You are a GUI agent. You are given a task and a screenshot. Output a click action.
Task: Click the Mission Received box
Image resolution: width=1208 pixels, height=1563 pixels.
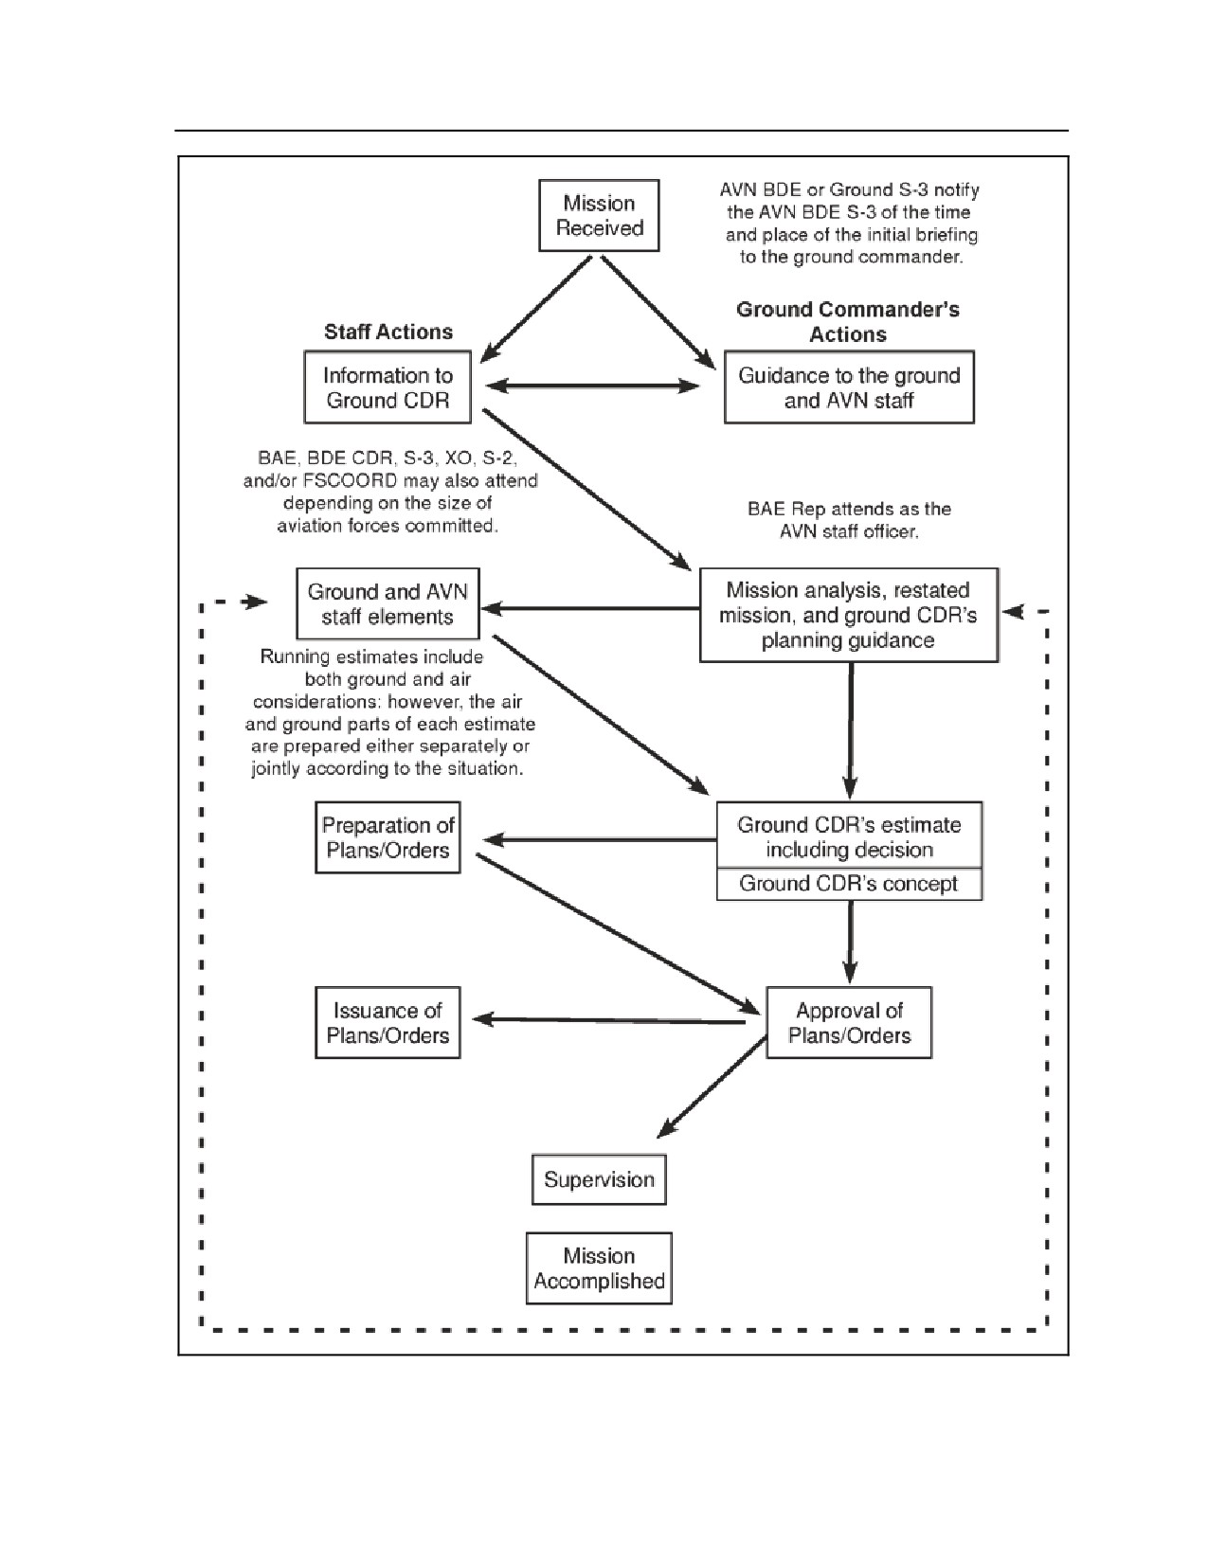[x=599, y=215]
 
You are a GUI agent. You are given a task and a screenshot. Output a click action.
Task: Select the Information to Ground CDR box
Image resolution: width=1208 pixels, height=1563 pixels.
[x=388, y=387]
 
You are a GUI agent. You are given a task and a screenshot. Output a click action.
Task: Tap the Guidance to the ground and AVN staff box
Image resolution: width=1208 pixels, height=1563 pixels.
[x=849, y=387]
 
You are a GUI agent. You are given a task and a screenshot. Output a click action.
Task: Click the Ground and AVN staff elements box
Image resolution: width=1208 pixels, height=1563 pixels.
[x=388, y=603]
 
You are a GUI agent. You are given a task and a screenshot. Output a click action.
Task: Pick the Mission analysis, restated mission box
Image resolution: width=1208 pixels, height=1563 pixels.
[x=849, y=615]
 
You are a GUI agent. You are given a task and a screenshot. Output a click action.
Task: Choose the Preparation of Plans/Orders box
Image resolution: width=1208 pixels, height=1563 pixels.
[x=388, y=837]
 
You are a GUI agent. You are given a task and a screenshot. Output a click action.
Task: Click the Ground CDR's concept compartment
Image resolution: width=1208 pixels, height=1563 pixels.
[x=849, y=884]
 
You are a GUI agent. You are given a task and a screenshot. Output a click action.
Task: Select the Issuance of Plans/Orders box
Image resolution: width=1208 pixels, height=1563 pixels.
[x=388, y=1022]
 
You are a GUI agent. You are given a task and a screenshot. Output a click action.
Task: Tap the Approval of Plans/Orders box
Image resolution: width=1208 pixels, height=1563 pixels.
[x=849, y=1022]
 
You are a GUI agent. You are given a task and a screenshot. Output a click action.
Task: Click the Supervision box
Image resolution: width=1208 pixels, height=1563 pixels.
[x=599, y=1179]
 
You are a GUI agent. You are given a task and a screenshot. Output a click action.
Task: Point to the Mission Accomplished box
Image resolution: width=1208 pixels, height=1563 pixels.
[x=599, y=1268]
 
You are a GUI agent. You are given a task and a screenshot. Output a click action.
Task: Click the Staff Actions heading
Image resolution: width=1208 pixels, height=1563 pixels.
[x=388, y=332]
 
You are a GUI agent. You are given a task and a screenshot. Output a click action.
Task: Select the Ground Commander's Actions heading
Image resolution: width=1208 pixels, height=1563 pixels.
[x=848, y=321]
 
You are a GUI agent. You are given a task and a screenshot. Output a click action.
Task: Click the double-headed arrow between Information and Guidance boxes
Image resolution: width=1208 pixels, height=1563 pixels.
[x=592, y=386]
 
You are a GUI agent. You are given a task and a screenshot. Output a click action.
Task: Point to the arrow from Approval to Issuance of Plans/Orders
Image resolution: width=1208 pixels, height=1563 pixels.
[x=608, y=1020]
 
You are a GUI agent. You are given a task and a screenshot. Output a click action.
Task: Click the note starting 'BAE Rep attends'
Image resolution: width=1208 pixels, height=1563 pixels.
[x=849, y=520]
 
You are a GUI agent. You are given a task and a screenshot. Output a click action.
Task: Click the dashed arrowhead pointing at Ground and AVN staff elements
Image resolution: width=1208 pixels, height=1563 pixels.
[x=254, y=602]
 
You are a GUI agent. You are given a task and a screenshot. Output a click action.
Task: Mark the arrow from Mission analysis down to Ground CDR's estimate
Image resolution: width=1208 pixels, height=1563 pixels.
[x=851, y=730]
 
